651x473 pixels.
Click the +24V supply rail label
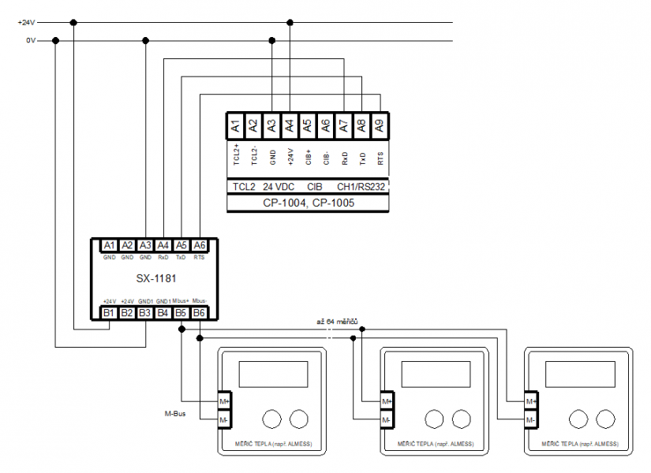coord(26,22)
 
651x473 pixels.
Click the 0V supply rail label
coord(30,40)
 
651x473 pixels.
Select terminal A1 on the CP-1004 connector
coord(235,124)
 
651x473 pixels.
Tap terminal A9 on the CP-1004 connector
coord(380,124)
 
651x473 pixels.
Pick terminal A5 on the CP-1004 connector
coord(308,124)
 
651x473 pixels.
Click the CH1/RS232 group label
coord(361,187)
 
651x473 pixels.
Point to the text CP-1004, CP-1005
coord(308,203)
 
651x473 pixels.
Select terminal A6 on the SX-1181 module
coord(199,245)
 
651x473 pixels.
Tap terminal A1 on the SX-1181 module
coord(109,245)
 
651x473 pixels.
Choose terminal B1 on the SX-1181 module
coord(109,313)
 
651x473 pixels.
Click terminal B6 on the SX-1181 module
coord(199,313)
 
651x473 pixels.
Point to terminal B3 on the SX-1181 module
coord(145,313)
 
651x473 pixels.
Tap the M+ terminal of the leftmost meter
coord(224,401)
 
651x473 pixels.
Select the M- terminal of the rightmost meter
coord(531,420)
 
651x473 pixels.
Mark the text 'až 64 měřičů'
coord(338,322)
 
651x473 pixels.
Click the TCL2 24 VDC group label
coord(263,187)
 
